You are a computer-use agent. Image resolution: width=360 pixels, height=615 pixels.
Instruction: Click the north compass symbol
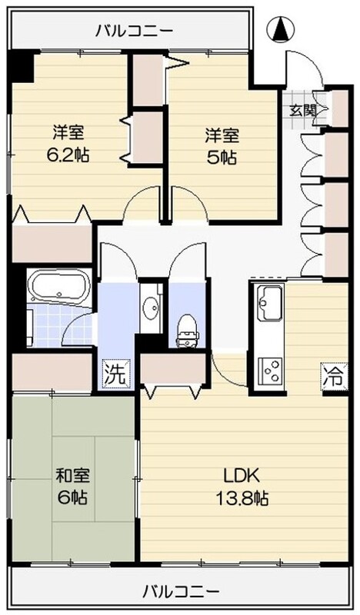click(x=282, y=31)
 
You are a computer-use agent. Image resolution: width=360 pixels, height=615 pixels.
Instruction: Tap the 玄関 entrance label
click(x=301, y=110)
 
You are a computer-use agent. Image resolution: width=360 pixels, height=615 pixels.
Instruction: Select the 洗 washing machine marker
click(x=113, y=375)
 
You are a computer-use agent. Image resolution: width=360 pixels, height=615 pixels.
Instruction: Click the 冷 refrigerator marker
click(x=332, y=377)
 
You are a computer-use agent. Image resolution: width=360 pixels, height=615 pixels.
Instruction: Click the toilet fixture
click(x=185, y=329)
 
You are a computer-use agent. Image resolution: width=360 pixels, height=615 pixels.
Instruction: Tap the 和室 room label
click(x=68, y=474)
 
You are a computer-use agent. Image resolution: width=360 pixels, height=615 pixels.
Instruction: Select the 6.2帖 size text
click(x=68, y=154)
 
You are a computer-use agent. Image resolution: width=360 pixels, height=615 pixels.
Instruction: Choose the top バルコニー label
click(x=134, y=32)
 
